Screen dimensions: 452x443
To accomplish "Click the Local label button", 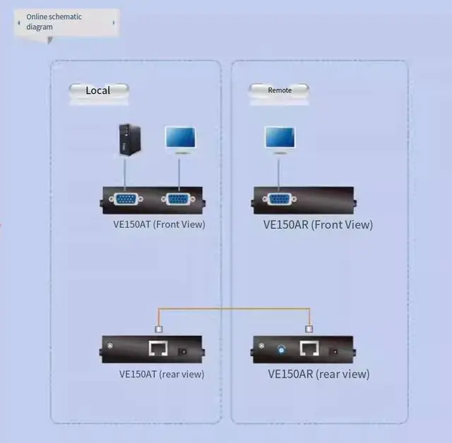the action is tap(98, 91).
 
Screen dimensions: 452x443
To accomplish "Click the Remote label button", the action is tap(280, 90).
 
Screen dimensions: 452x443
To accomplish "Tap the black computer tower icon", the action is tap(126, 140).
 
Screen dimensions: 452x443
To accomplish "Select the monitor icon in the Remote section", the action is tap(280, 139).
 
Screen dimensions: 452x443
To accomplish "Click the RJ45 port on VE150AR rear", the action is tap(309, 348).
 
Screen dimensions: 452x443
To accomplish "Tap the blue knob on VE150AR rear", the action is tap(282, 348).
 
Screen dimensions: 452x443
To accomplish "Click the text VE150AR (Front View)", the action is tap(318, 225).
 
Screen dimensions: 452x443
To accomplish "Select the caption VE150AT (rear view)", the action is tap(162, 374).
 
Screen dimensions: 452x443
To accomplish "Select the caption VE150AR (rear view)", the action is tap(319, 374).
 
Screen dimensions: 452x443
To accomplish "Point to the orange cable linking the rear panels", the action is tap(233, 308).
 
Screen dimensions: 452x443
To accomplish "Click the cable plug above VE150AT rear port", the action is tap(158, 328).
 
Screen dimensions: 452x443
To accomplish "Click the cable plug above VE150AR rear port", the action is tap(309, 328).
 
